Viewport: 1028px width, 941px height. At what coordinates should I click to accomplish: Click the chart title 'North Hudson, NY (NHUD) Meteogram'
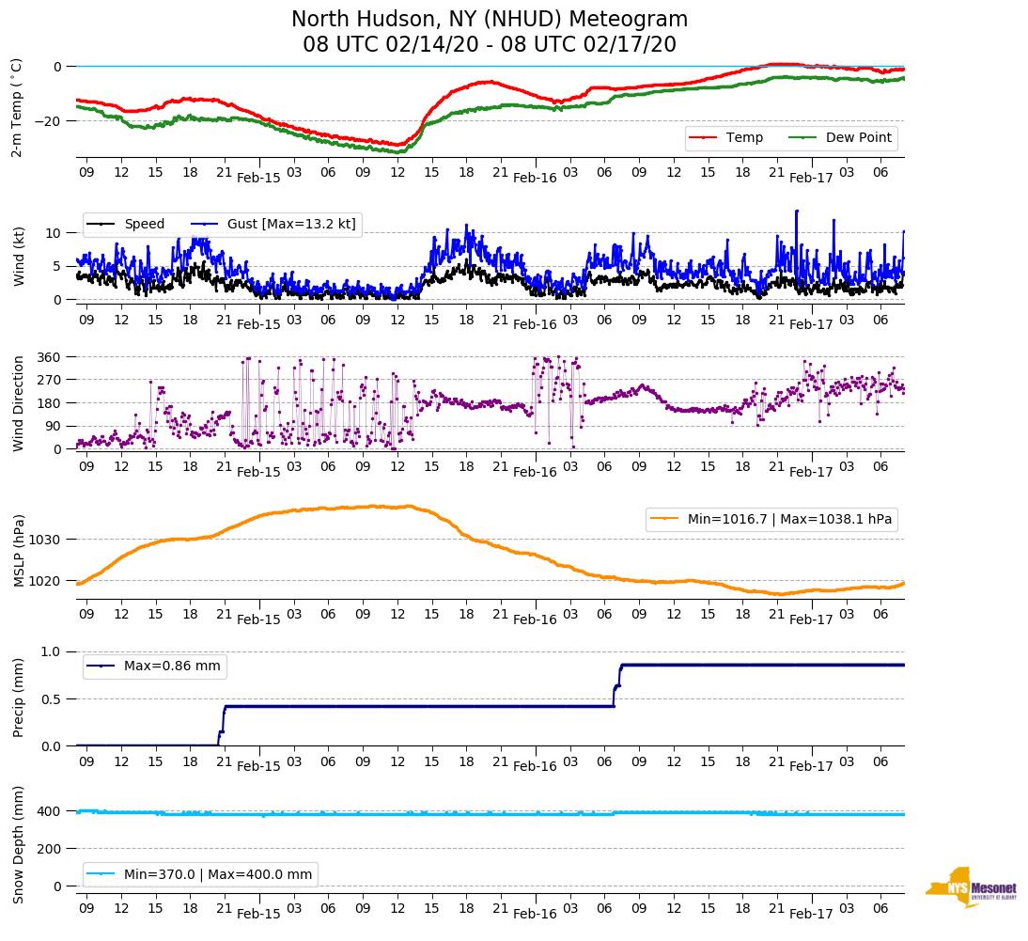489,20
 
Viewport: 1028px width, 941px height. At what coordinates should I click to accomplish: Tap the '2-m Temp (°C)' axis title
16,106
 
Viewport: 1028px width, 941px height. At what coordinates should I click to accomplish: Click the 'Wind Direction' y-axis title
18,403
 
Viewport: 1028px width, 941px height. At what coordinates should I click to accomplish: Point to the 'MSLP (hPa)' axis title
19,551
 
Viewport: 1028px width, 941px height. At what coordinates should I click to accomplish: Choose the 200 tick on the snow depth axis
50,849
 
